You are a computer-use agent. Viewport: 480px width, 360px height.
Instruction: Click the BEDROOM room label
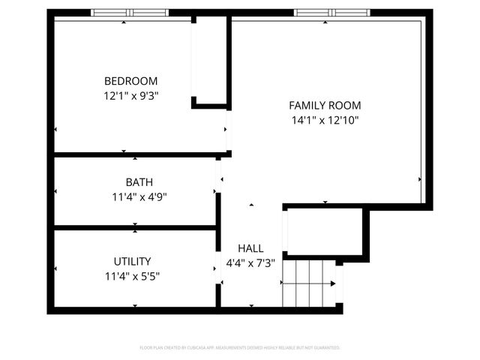point(130,81)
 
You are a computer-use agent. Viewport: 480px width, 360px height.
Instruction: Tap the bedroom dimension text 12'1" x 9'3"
point(130,95)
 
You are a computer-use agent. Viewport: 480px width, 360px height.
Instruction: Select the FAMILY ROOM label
point(325,106)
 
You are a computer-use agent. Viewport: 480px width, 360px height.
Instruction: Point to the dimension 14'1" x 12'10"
point(325,120)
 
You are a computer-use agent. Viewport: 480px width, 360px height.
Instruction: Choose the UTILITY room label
point(132,261)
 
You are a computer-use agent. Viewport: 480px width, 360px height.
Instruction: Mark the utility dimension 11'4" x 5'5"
point(132,276)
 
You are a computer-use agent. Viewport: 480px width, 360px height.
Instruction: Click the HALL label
point(250,248)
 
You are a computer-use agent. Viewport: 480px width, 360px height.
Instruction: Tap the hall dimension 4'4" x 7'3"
point(250,263)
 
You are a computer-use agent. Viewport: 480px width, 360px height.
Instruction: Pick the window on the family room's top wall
point(325,13)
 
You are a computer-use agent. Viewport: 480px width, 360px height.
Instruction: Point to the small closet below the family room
point(324,232)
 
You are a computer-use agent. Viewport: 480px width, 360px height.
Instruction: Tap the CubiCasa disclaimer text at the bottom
point(240,348)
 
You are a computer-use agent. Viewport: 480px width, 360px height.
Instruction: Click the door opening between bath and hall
point(219,176)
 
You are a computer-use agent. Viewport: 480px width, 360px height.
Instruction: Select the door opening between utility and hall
point(219,270)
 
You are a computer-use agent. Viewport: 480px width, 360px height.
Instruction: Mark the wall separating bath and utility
point(135,227)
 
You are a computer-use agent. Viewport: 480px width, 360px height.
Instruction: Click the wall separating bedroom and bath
point(135,155)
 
